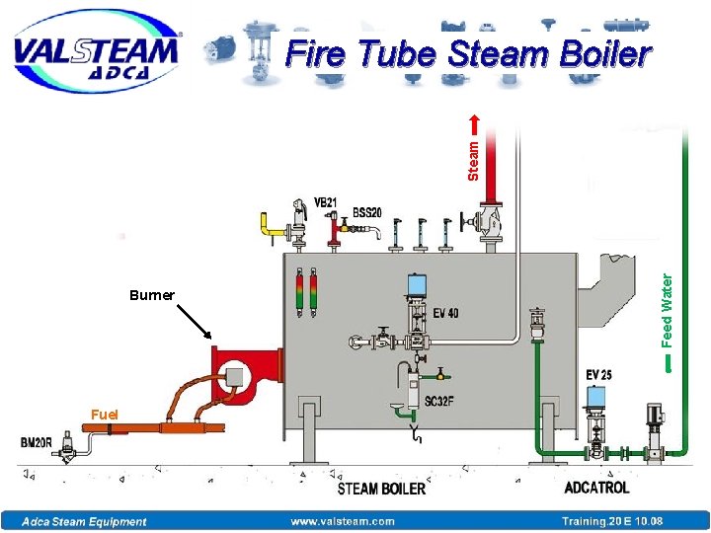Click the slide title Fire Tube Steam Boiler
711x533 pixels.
[x=468, y=55]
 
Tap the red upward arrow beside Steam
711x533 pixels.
[x=473, y=122]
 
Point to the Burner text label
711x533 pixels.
[x=151, y=295]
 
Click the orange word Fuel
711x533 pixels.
[x=105, y=415]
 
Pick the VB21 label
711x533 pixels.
[x=325, y=203]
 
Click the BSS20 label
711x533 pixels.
[x=367, y=212]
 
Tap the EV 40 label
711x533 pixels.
[x=445, y=314]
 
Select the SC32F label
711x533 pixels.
[x=440, y=403]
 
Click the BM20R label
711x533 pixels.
[x=37, y=443]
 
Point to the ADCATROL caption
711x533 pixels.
[x=596, y=488]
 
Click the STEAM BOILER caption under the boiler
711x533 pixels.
[x=381, y=488]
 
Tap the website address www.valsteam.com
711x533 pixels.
[x=342, y=521]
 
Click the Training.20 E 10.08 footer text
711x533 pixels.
[x=612, y=521]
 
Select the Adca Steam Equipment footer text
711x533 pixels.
[x=85, y=521]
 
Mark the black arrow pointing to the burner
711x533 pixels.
[x=195, y=322]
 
